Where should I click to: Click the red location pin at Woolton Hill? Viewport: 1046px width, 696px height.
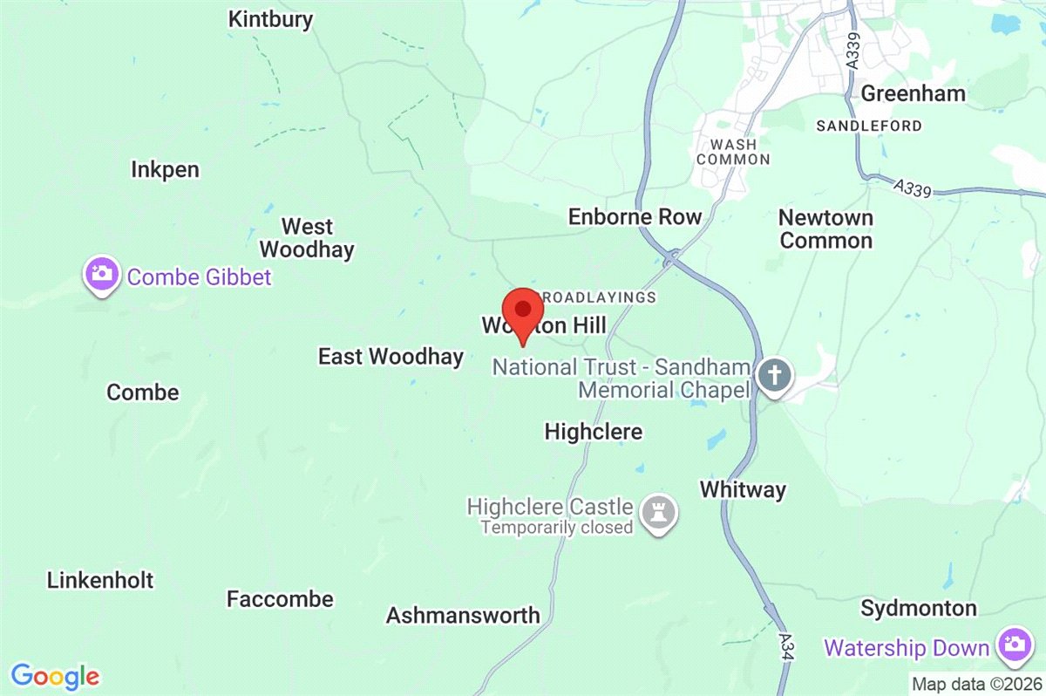tap(522, 312)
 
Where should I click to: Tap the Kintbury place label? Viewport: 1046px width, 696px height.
tap(270, 19)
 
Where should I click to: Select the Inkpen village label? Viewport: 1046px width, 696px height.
tap(166, 169)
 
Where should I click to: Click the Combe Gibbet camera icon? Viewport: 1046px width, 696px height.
tap(102, 275)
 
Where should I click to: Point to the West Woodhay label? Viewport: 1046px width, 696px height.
tap(307, 238)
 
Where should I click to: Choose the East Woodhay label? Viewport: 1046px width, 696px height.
tap(391, 356)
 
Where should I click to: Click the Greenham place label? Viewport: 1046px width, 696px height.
tap(913, 93)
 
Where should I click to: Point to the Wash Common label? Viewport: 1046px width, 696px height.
tap(733, 152)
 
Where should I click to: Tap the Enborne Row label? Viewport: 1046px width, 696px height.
tap(635, 216)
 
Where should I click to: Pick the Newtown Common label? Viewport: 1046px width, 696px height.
tap(825, 229)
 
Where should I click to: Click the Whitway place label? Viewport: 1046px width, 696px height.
tap(743, 489)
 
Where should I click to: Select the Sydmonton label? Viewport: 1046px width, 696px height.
tap(919, 608)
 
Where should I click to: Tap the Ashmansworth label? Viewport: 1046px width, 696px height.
tap(463, 615)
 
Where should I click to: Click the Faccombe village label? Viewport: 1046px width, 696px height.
tap(280, 599)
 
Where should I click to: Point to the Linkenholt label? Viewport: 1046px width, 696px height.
tap(100, 580)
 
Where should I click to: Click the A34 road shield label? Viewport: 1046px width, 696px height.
tap(786, 646)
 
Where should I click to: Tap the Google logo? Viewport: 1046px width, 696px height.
tap(55, 676)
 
